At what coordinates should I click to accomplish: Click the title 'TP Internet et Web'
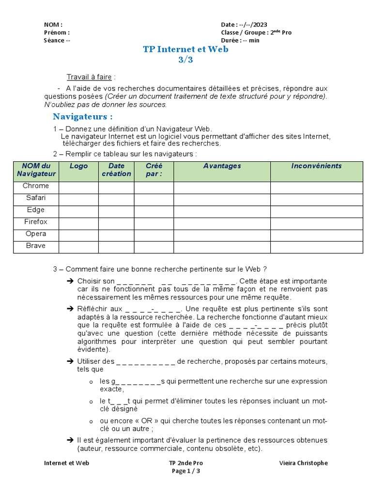pyautogui.click(x=186, y=49)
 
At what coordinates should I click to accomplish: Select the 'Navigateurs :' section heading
pyautogui.click(x=82, y=116)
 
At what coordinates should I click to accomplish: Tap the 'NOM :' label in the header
pyautogui.click(x=53, y=25)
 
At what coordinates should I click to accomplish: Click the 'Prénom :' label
pyautogui.click(x=57, y=32)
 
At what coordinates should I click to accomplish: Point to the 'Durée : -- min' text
pyautogui.click(x=240, y=40)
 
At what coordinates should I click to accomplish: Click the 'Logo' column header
pyautogui.click(x=78, y=166)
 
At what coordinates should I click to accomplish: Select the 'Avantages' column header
pyautogui.click(x=222, y=166)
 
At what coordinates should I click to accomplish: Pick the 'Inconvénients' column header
pyautogui.click(x=316, y=166)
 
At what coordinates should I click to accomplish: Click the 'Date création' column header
pyautogui.click(x=116, y=170)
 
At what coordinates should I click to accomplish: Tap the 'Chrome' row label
pyautogui.click(x=36, y=186)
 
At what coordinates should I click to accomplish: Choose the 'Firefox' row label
pyautogui.click(x=36, y=222)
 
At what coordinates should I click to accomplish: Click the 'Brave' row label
pyautogui.click(x=36, y=246)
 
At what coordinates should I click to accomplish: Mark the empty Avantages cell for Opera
pyautogui.click(x=222, y=234)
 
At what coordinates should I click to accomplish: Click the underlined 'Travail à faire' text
pyautogui.click(x=89, y=77)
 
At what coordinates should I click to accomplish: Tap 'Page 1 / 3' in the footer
pyautogui.click(x=186, y=471)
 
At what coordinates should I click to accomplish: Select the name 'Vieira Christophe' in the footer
pyautogui.click(x=303, y=463)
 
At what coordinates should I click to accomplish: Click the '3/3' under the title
pyautogui.click(x=186, y=60)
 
